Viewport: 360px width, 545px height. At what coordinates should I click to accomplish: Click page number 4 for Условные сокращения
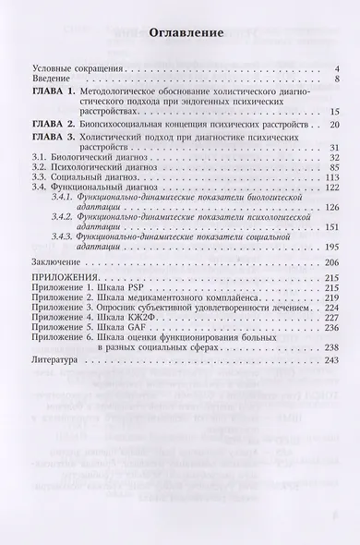(313, 69)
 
